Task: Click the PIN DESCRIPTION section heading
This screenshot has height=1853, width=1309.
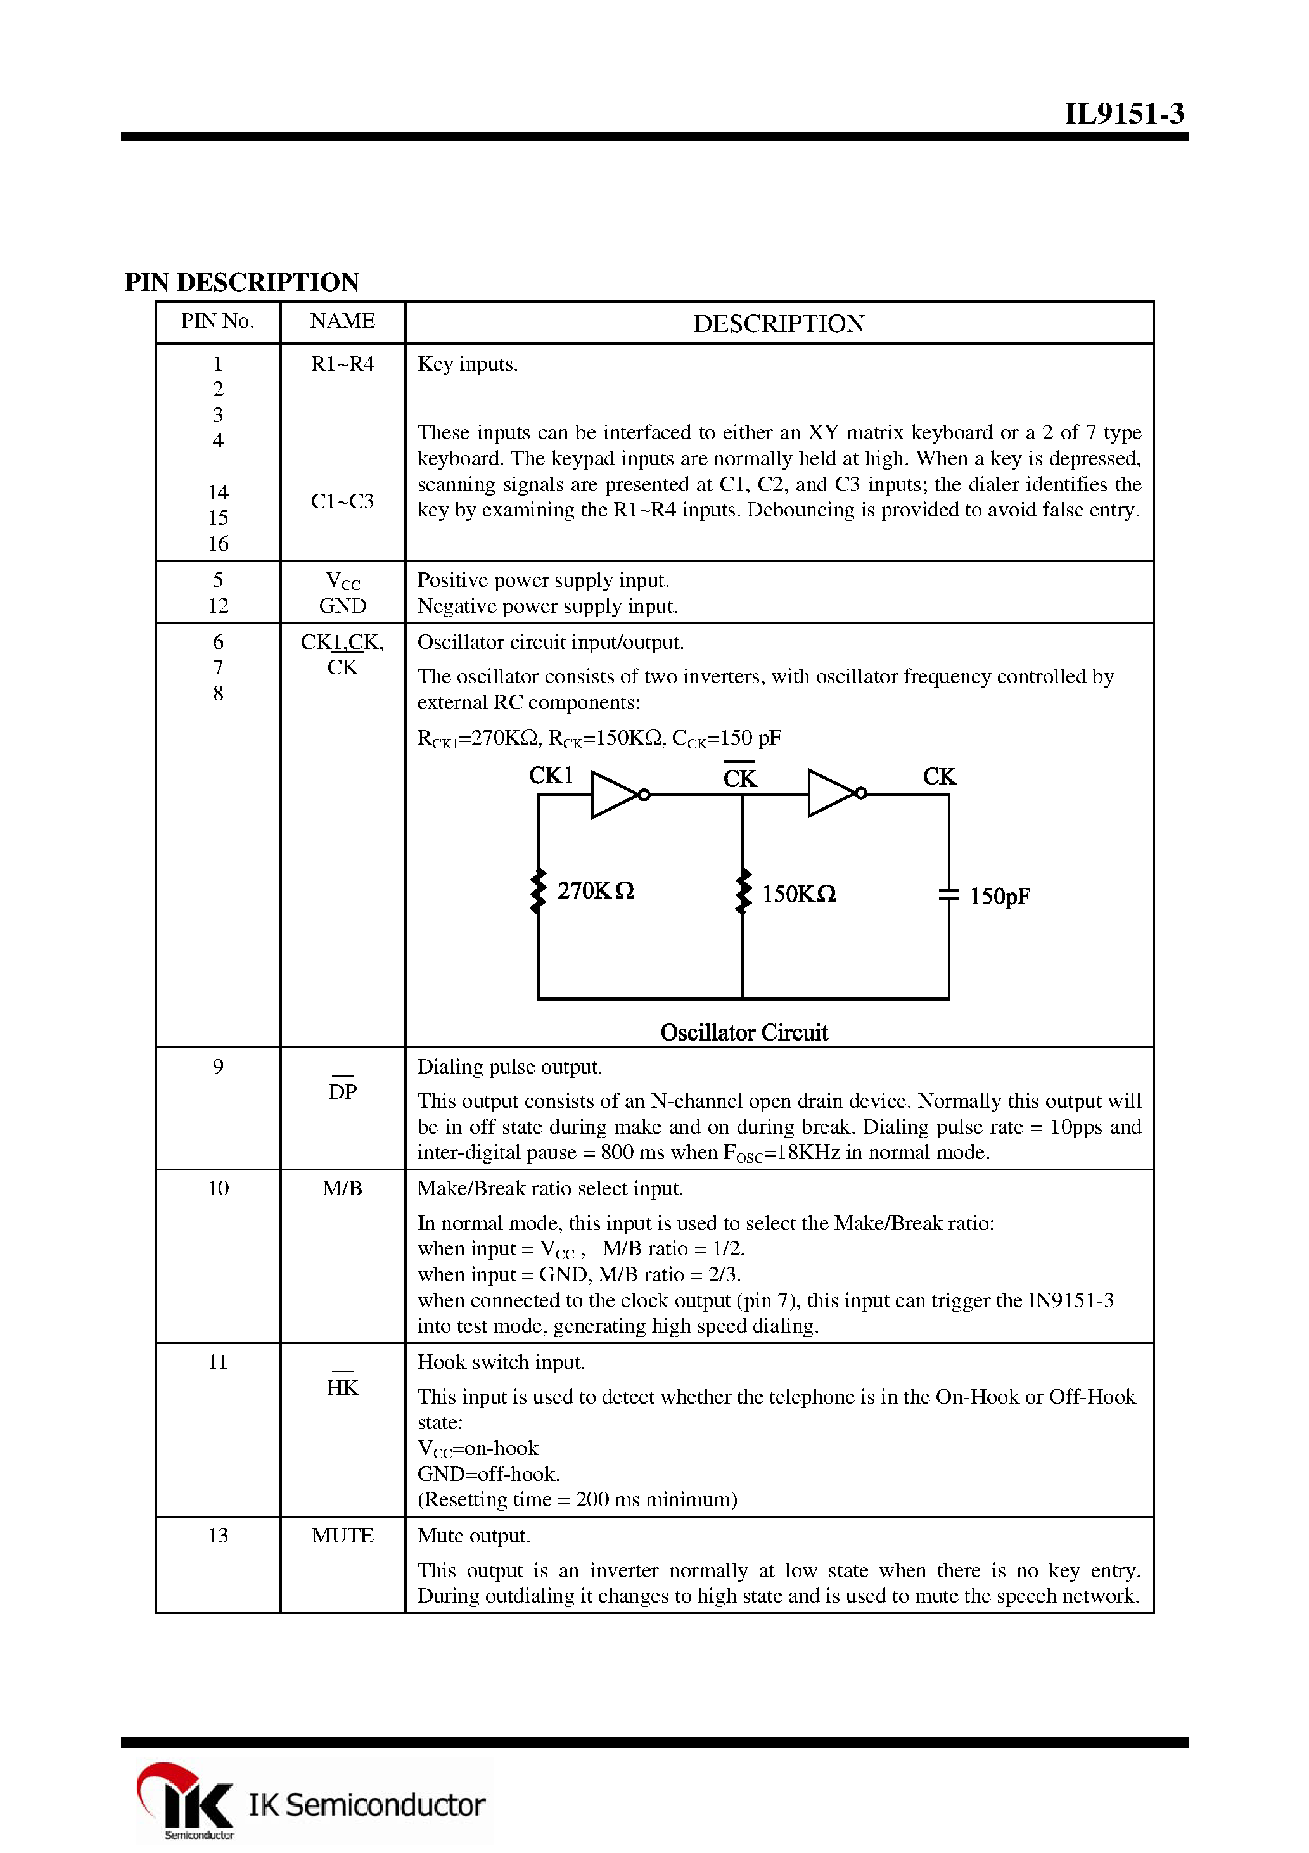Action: pos(241,283)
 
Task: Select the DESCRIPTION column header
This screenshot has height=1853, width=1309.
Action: pos(778,324)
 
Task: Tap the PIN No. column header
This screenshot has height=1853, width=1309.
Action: pos(217,321)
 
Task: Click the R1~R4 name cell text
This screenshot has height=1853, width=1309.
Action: pos(342,364)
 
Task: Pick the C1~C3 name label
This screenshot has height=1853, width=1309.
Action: pos(342,501)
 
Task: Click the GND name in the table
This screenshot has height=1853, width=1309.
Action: pos(342,606)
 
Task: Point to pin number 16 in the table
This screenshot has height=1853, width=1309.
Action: pos(218,544)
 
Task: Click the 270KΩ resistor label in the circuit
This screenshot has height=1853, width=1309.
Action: pos(595,891)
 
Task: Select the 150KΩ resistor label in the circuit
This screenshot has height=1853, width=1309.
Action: pos(798,894)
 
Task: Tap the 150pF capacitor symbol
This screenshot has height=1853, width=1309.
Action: pos(948,894)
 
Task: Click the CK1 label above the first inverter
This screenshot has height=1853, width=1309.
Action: pos(551,776)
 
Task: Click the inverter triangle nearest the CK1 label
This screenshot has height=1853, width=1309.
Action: pos(615,795)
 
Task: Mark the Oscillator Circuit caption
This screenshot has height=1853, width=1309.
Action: pos(743,1032)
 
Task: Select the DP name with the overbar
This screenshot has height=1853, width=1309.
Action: pos(342,1091)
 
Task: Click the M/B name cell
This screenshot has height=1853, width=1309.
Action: pos(342,1189)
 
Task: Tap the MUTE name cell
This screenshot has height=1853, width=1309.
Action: pos(342,1536)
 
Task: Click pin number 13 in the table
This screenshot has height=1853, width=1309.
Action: pos(218,1536)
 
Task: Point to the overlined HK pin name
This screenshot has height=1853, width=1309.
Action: pos(342,1387)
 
